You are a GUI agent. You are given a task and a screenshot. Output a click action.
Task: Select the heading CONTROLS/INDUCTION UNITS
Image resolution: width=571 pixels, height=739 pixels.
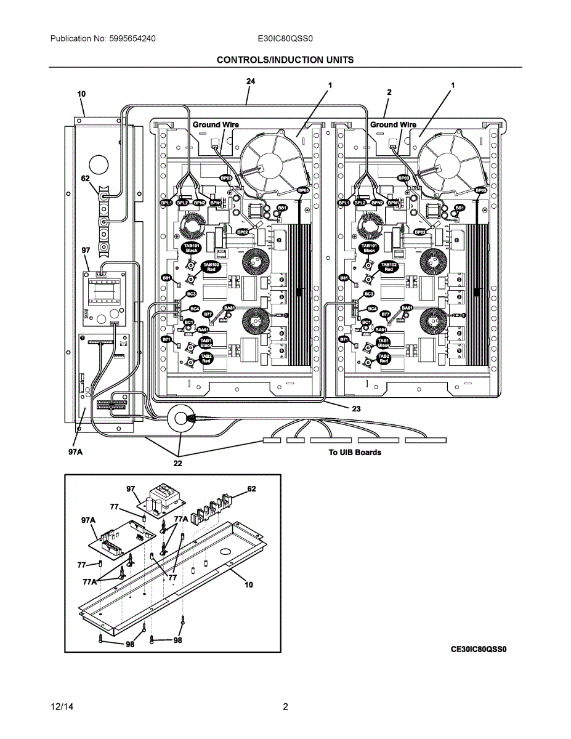pyautogui.click(x=285, y=60)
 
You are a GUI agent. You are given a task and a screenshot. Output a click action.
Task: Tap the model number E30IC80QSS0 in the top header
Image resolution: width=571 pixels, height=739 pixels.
pyautogui.click(x=286, y=38)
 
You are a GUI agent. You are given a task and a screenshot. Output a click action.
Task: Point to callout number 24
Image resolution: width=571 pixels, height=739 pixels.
pyautogui.click(x=251, y=81)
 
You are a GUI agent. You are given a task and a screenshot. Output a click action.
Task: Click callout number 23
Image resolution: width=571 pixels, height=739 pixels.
pyautogui.click(x=356, y=408)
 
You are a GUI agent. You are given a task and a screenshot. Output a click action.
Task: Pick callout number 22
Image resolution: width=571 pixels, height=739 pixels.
pyautogui.click(x=177, y=464)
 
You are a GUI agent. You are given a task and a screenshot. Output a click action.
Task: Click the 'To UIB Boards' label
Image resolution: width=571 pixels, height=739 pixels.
pyautogui.click(x=354, y=452)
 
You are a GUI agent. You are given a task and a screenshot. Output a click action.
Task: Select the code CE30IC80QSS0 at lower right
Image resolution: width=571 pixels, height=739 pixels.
pyautogui.click(x=478, y=649)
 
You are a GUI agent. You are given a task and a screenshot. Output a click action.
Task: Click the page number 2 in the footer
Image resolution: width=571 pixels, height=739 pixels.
pyautogui.click(x=285, y=706)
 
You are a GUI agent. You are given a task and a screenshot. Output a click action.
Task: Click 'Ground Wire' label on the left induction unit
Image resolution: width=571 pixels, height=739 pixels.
pyautogui.click(x=216, y=124)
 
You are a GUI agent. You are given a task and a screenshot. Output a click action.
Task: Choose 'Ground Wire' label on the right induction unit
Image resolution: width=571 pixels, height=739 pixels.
pyautogui.click(x=393, y=124)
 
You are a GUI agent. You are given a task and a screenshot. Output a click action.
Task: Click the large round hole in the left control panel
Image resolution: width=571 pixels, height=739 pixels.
pyautogui.click(x=98, y=164)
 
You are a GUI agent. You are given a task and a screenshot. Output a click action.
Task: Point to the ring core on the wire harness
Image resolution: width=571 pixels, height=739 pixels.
pyautogui.click(x=180, y=419)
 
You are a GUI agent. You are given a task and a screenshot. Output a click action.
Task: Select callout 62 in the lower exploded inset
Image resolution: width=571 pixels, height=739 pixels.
pyautogui.click(x=251, y=488)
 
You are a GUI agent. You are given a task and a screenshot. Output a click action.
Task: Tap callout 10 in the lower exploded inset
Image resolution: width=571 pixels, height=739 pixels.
pyautogui.click(x=248, y=584)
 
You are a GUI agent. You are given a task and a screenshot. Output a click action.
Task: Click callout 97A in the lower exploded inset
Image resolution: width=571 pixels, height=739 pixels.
pyautogui.click(x=88, y=520)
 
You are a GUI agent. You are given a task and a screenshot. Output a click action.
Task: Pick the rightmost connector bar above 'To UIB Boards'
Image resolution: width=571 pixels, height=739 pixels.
pyautogui.click(x=426, y=440)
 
